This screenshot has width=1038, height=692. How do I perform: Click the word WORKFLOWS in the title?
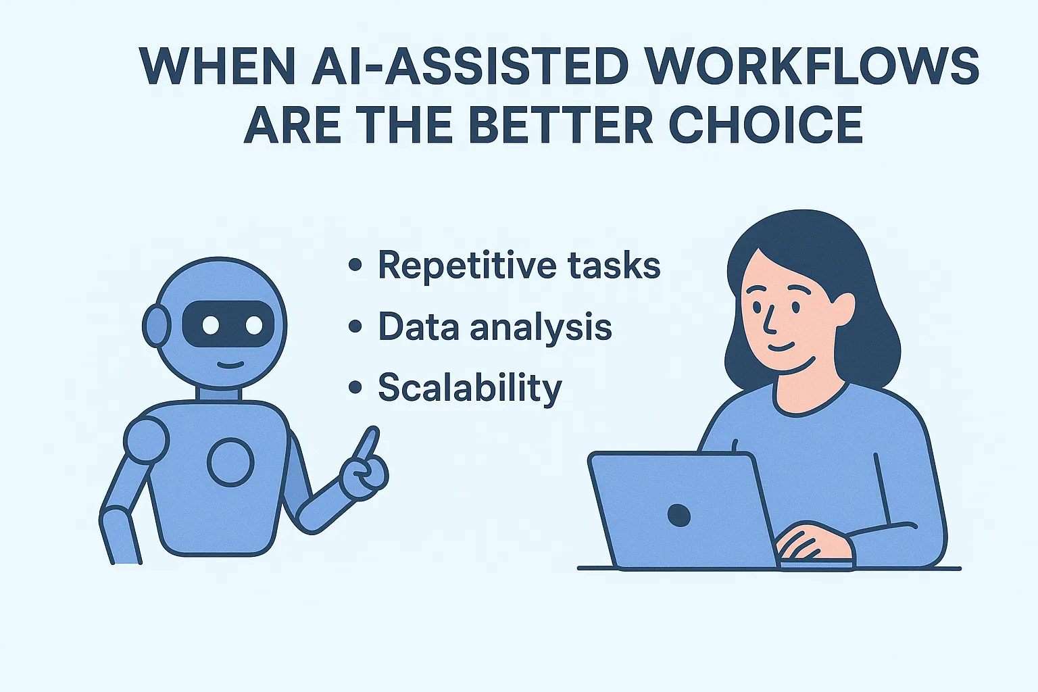(x=812, y=66)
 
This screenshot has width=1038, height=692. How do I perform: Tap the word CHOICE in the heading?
(x=765, y=124)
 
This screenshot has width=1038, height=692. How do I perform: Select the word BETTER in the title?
(x=561, y=124)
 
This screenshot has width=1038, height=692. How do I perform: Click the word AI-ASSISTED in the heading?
(x=470, y=66)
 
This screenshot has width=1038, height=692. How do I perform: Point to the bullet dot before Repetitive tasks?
(x=355, y=265)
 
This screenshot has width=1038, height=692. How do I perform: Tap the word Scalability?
(x=470, y=388)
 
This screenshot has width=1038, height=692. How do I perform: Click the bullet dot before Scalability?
(x=355, y=387)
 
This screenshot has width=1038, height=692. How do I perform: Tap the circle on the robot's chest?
(x=230, y=462)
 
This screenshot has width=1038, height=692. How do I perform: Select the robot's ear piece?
(x=155, y=325)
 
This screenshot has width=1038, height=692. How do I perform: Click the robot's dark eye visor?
(x=228, y=324)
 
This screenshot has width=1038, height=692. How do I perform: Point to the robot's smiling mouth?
(x=230, y=365)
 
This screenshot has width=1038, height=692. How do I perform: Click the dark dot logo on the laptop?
(x=679, y=516)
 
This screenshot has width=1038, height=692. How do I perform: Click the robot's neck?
(x=218, y=393)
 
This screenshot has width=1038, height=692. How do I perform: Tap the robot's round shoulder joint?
(x=147, y=439)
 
